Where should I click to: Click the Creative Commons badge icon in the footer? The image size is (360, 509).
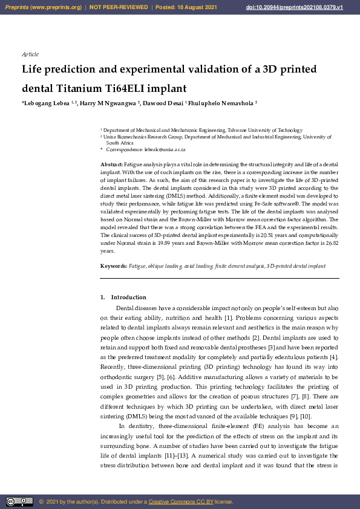pos(19,502)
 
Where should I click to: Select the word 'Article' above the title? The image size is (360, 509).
pos(30,54)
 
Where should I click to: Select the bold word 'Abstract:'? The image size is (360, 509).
pos(111,164)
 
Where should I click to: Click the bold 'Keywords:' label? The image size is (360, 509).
pos(114,266)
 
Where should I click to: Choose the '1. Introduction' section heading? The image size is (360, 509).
pos(123,297)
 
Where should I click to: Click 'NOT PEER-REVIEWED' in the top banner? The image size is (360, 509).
pos(119,7)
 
